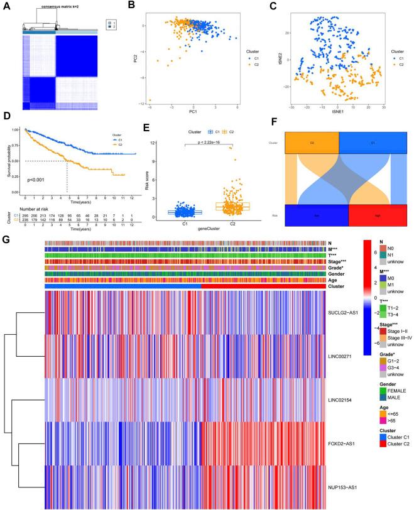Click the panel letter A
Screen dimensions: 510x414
(x=5, y=6)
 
